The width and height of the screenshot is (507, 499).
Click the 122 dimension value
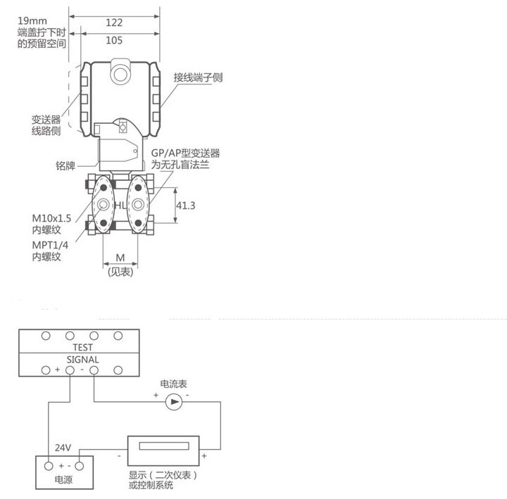coord(114,23)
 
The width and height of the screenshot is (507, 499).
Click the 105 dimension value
coord(114,40)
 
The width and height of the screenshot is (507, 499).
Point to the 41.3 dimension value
coord(186,206)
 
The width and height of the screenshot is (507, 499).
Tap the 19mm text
coord(32,21)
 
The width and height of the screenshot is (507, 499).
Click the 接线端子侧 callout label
coord(198,77)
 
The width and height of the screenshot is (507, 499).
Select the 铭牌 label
coord(65,165)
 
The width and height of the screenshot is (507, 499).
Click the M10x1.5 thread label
coord(51,218)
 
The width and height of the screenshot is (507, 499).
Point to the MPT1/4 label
coord(50,245)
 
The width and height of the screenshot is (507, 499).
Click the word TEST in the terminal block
coord(83,348)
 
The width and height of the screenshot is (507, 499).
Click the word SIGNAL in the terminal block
coord(83,360)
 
